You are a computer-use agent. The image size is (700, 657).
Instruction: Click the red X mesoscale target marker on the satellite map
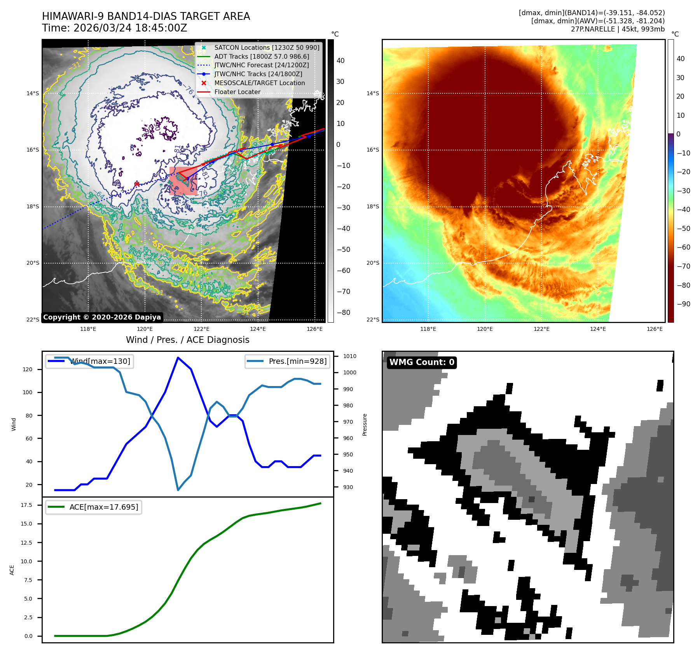click(137, 184)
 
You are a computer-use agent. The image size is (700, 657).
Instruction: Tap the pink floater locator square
click(183, 181)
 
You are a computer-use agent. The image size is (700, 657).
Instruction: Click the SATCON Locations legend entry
click(267, 47)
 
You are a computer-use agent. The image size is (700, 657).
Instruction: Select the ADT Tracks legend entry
click(262, 56)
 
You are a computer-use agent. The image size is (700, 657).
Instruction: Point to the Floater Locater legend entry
click(237, 92)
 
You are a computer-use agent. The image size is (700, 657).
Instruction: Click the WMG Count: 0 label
click(422, 362)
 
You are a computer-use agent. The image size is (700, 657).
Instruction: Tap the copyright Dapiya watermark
click(102, 317)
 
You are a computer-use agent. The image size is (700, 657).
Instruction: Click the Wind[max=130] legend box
click(89, 361)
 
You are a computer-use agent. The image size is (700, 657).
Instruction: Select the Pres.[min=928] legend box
click(288, 361)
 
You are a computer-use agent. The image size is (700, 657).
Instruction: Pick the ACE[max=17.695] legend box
click(93, 507)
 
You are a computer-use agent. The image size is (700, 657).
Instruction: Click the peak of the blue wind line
click(178, 358)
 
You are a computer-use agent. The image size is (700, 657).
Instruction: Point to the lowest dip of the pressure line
click(178, 490)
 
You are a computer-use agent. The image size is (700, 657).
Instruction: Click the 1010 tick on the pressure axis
click(349, 356)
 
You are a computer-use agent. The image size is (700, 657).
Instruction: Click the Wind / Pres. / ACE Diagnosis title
click(188, 340)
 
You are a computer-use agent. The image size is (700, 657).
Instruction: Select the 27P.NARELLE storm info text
click(618, 29)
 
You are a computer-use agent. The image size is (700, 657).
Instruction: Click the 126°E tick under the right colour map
click(655, 329)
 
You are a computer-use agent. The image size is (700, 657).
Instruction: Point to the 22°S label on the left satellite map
click(33, 320)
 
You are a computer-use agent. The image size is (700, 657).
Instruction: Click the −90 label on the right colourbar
click(683, 304)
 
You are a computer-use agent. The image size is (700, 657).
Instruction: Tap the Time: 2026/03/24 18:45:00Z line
click(115, 28)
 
